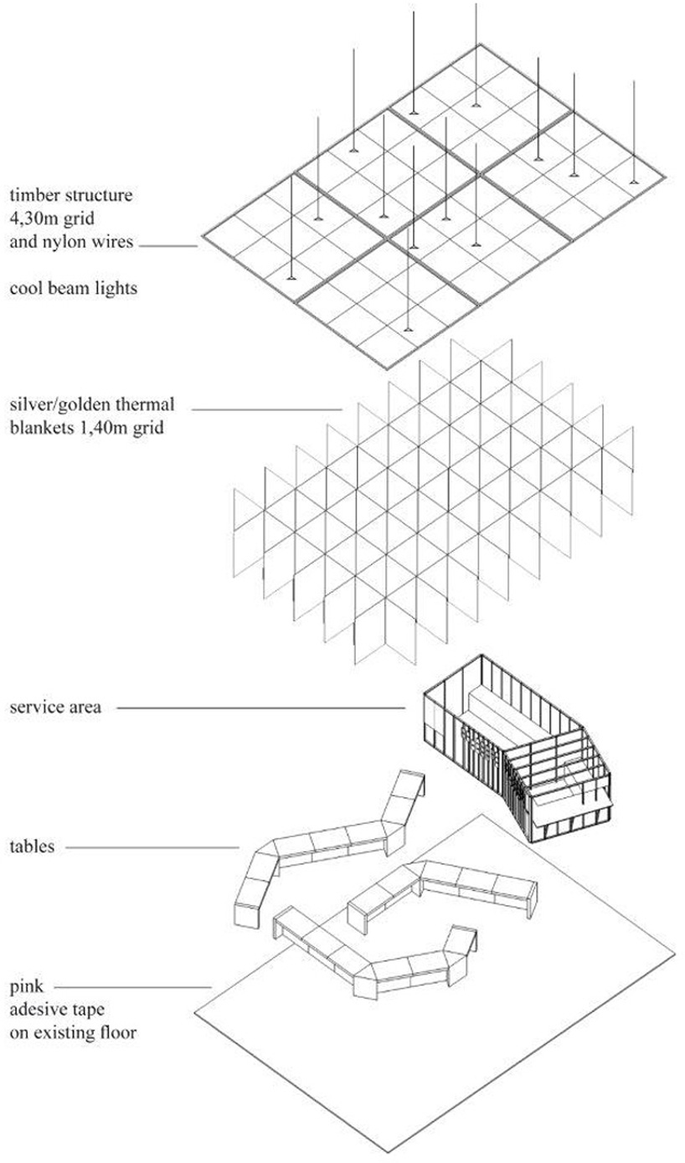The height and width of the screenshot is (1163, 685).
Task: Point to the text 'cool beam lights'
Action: click(x=73, y=289)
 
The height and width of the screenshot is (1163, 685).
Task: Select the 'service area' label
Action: click(x=55, y=708)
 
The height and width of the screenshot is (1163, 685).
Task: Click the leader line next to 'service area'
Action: click(x=260, y=708)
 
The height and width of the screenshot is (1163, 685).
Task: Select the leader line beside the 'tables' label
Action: click(x=151, y=847)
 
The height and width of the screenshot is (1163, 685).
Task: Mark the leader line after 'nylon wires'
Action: click(x=168, y=246)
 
